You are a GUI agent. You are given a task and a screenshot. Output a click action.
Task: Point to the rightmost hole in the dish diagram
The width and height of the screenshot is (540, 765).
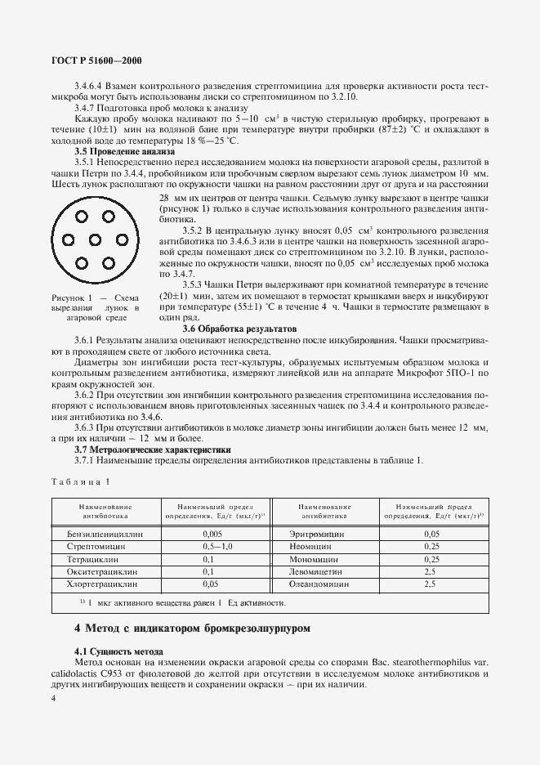pos(105,239)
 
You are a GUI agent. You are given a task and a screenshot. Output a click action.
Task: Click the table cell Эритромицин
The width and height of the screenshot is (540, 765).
pos(315,533)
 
